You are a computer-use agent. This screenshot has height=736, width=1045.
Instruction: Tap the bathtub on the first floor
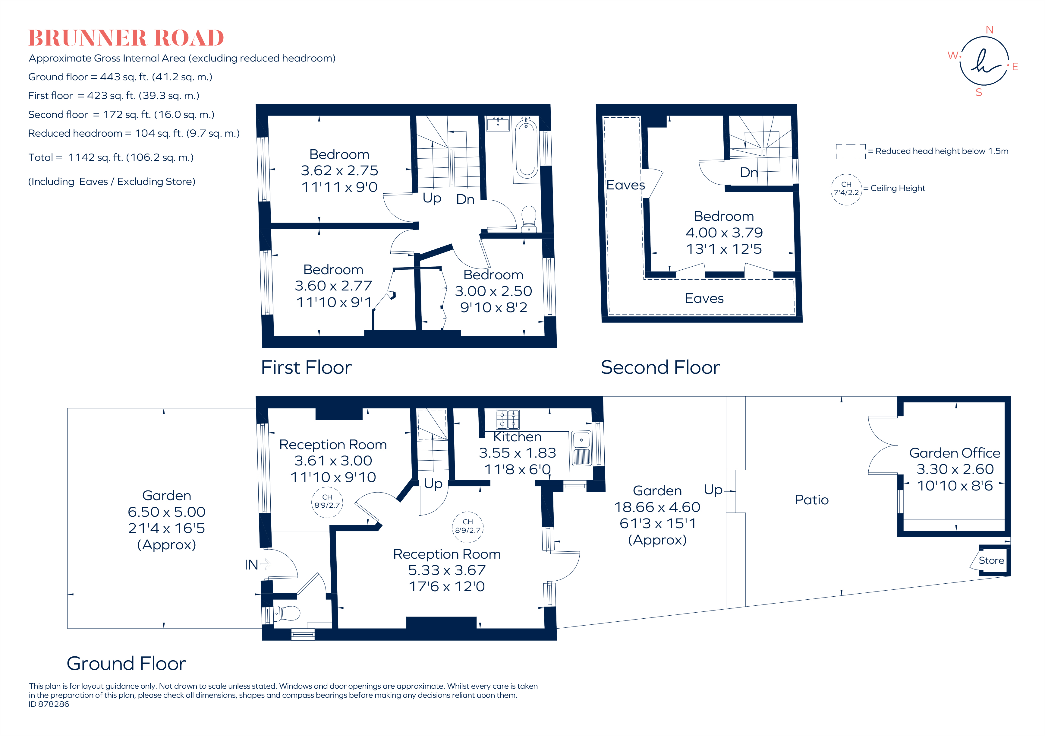tap(527, 148)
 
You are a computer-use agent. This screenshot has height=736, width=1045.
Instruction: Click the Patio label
tap(811, 500)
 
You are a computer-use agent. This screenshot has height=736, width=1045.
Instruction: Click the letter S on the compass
tap(979, 93)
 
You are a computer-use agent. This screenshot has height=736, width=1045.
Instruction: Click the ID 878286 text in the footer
tap(49, 704)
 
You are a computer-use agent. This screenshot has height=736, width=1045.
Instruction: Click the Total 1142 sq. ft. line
tap(111, 157)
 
